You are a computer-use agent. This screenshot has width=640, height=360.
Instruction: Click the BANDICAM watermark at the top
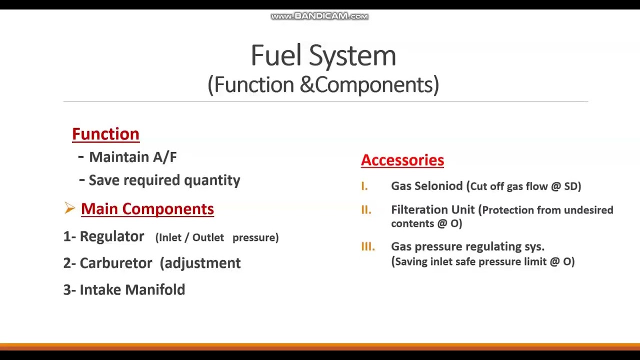pyautogui.click(x=319, y=16)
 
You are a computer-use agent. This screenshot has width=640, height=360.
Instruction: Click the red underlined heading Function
pyautogui.click(x=105, y=134)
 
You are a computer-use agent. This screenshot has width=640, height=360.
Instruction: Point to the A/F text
pyautogui.click(x=164, y=157)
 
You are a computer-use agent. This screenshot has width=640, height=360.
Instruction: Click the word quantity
pyautogui.click(x=212, y=180)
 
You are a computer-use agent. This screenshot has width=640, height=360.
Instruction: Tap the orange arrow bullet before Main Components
pyautogui.click(x=69, y=208)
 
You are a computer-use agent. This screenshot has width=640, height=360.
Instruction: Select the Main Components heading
pyautogui.click(x=147, y=209)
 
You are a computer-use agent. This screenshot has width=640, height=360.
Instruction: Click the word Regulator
pyautogui.click(x=111, y=236)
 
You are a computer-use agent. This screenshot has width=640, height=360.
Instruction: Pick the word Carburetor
pyautogui.click(x=115, y=263)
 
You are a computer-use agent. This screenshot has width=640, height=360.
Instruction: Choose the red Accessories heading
pyautogui.click(x=402, y=160)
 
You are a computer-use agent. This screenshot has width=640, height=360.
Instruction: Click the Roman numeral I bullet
pyautogui.click(x=364, y=186)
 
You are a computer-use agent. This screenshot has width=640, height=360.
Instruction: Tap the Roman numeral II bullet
pyautogui.click(x=366, y=210)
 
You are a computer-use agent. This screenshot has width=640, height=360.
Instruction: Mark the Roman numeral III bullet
pyautogui.click(x=367, y=246)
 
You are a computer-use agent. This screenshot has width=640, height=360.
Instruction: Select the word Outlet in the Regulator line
pyautogui.click(x=208, y=237)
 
